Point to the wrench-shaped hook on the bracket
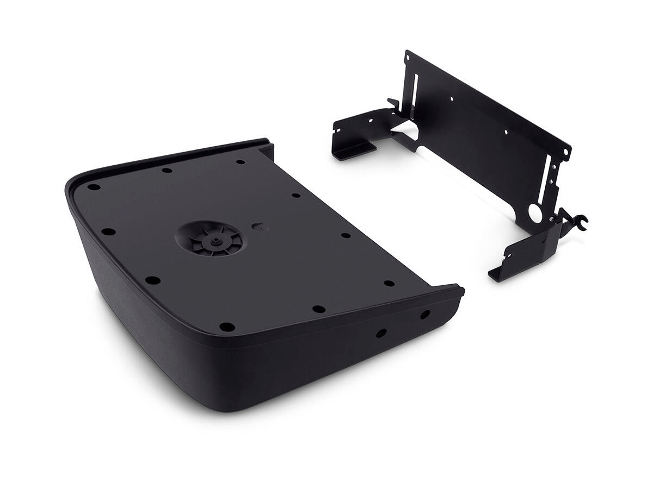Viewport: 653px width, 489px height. click(x=578, y=220)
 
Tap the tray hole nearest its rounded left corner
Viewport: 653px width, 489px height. click(x=94, y=187)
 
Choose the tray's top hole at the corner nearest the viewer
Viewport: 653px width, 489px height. click(x=226, y=327)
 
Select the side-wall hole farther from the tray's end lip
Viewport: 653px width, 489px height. click(x=381, y=333)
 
